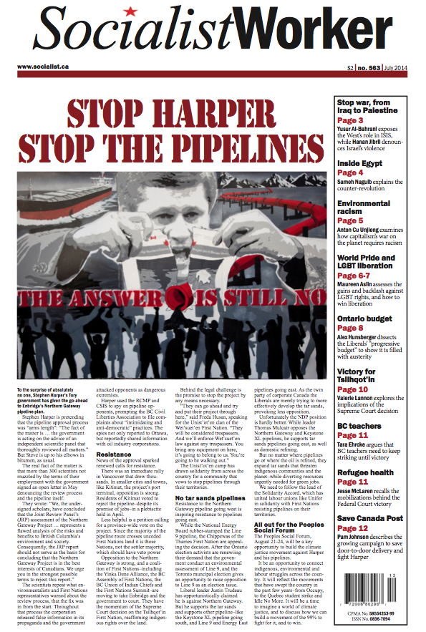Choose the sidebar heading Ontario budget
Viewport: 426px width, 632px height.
(368, 319)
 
